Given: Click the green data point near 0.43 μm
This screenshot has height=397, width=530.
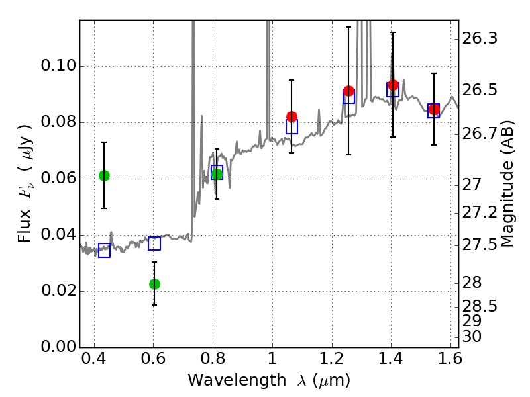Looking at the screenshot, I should pyautogui.click(x=104, y=175).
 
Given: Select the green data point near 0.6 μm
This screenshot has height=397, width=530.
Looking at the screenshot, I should pyautogui.click(x=154, y=284).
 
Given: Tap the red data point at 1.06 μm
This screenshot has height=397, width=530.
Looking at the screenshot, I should pyautogui.click(x=291, y=116).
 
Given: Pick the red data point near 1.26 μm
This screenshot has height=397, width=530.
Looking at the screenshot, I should pyautogui.click(x=349, y=91).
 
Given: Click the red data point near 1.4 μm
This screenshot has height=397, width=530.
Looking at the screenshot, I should pyautogui.click(x=393, y=85).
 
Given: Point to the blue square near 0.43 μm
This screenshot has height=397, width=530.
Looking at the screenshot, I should pyautogui.click(x=104, y=250).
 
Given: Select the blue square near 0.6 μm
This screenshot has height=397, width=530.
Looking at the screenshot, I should pyautogui.click(x=154, y=243).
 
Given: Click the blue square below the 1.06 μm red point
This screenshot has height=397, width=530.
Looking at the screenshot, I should pyautogui.click(x=291, y=126).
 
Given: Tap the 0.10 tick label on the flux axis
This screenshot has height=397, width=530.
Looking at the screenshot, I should pyautogui.click(x=58, y=66).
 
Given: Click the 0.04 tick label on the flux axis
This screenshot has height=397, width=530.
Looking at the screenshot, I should pyautogui.click(x=58, y=235).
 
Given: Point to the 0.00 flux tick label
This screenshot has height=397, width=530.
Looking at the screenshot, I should pyautogui.click(x=58, y=347).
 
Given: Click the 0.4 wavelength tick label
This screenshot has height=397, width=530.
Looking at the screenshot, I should pyautogui.click(x=94, y=361).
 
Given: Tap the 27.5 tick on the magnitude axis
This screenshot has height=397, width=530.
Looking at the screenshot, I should pyautogui.click(x=481, y=245).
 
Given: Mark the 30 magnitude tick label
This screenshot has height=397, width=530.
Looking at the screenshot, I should pyautogui.click(x=476, y=337).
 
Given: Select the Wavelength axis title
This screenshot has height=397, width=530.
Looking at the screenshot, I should pyautogui.click(x=268, y=380).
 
